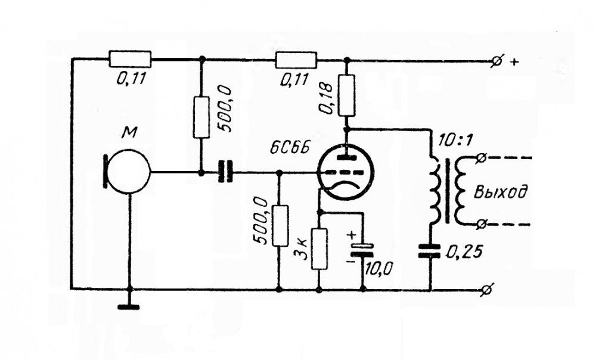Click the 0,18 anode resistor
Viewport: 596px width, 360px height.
[x=347, y=95]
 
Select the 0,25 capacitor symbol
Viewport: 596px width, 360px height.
[x=430, y=252]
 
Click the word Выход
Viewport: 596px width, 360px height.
[x=501, y=192]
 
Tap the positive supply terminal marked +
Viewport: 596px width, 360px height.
[x=495, y=60]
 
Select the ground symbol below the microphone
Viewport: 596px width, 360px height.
[x=129, y=308]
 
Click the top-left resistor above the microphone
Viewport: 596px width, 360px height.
[x=130, y=59]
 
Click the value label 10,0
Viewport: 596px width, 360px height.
[x=377, y=268]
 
